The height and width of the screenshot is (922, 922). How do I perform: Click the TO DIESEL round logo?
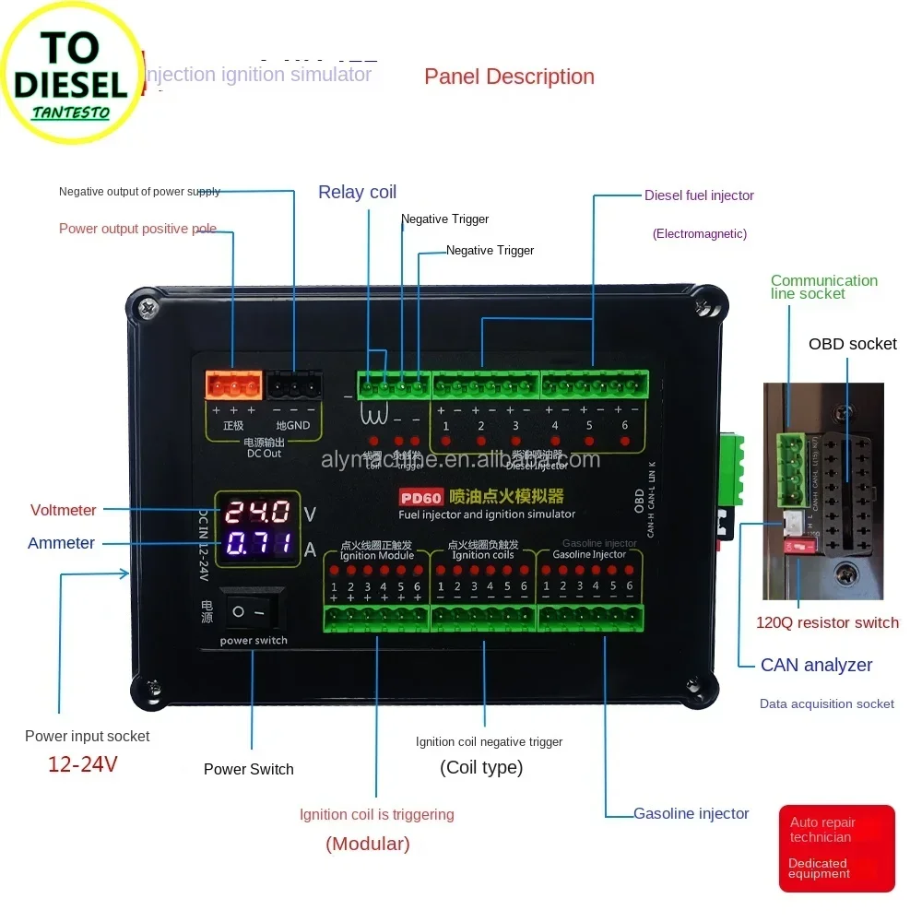(x=70, y=72)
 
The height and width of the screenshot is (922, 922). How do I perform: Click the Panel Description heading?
(x=509, y=77)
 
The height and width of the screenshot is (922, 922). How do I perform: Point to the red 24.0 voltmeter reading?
(x=258, y=512)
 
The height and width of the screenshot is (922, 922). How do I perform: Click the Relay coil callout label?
(x=357, y=192)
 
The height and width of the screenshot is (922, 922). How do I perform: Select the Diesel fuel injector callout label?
(x=699, y=195)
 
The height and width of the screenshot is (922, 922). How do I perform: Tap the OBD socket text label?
(x=852, y=344)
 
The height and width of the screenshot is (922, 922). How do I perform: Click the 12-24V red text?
(x=83, y=764)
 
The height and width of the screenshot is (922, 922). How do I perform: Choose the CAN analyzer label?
(x=816, y=665)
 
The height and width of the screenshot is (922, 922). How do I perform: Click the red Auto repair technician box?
(x=836, y=848)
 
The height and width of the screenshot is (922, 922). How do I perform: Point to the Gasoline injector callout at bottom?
(x=691, y=813)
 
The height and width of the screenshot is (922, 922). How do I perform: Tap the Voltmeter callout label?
(x=63, y=510)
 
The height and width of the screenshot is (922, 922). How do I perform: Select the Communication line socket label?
(x=823, y=287)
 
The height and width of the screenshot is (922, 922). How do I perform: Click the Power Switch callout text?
(x=248, y=769)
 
